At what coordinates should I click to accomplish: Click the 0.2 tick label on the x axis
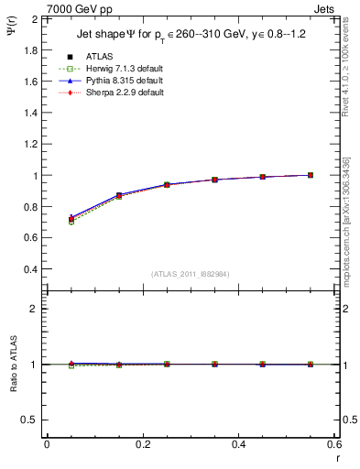coord(142,443)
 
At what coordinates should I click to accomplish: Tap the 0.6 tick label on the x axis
coord(333,443)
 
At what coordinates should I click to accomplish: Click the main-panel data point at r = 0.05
coord(71,220)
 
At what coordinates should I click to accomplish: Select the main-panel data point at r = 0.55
coord(311,175)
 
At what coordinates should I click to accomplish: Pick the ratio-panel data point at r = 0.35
coord(214,364)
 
